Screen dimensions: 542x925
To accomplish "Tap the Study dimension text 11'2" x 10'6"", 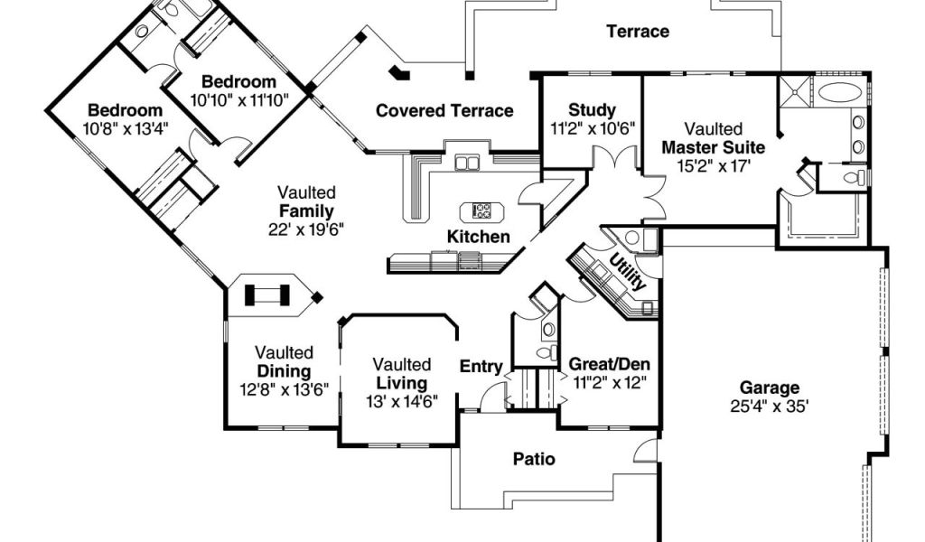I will coord(592,128).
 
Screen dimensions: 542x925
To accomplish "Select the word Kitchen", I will coord(479,237).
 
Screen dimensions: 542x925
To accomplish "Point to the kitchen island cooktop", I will coord(479,212).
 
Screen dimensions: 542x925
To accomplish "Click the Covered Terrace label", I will coord(444,111).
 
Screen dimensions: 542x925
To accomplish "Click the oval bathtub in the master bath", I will coord(840,92).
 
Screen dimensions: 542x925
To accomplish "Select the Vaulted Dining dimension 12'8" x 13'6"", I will coord(284,389).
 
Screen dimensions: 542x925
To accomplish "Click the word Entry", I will coord(481,366).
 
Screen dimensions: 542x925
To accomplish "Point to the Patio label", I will coord(534,459).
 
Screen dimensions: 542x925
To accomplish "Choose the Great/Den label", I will coord(609,364).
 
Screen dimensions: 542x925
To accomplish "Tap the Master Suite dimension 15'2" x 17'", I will coord(713,165).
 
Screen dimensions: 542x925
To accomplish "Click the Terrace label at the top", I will coord(638,32).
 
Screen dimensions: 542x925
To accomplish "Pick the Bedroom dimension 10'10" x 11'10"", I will coord(238,99).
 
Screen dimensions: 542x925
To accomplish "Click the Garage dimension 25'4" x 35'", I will coord(771,406).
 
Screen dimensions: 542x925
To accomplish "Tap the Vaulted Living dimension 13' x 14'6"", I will coord(402,401).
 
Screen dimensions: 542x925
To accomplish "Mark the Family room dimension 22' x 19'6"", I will coord(306,229).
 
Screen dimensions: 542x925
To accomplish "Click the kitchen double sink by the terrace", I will coord(468,163).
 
